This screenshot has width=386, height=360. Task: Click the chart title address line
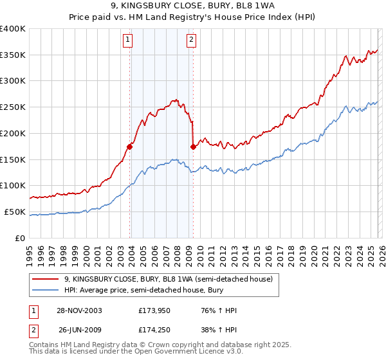point(193,6)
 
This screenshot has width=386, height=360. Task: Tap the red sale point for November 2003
point(130,147)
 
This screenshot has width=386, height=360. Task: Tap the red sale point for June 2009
point(193,147)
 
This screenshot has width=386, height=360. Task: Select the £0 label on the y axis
point(19,238)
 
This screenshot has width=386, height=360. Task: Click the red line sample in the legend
point(46,279)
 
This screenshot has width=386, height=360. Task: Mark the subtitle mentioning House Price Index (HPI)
point(193,17)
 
